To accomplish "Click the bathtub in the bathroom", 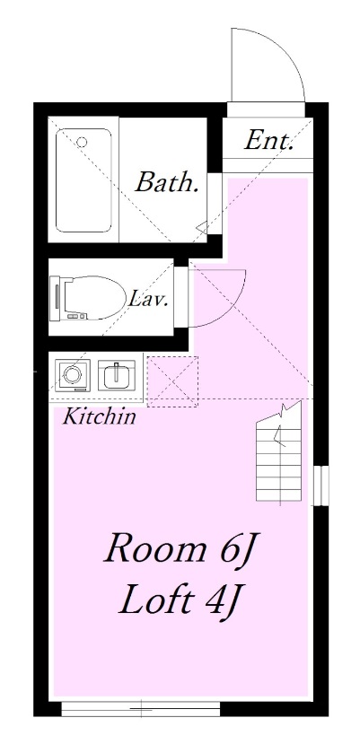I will pos(83,179).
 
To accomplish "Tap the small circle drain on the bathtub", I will pos(82,142).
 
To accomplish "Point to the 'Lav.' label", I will pos(148,298).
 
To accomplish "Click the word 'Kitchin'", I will pos(99,416).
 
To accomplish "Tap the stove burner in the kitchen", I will pos(70,373).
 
